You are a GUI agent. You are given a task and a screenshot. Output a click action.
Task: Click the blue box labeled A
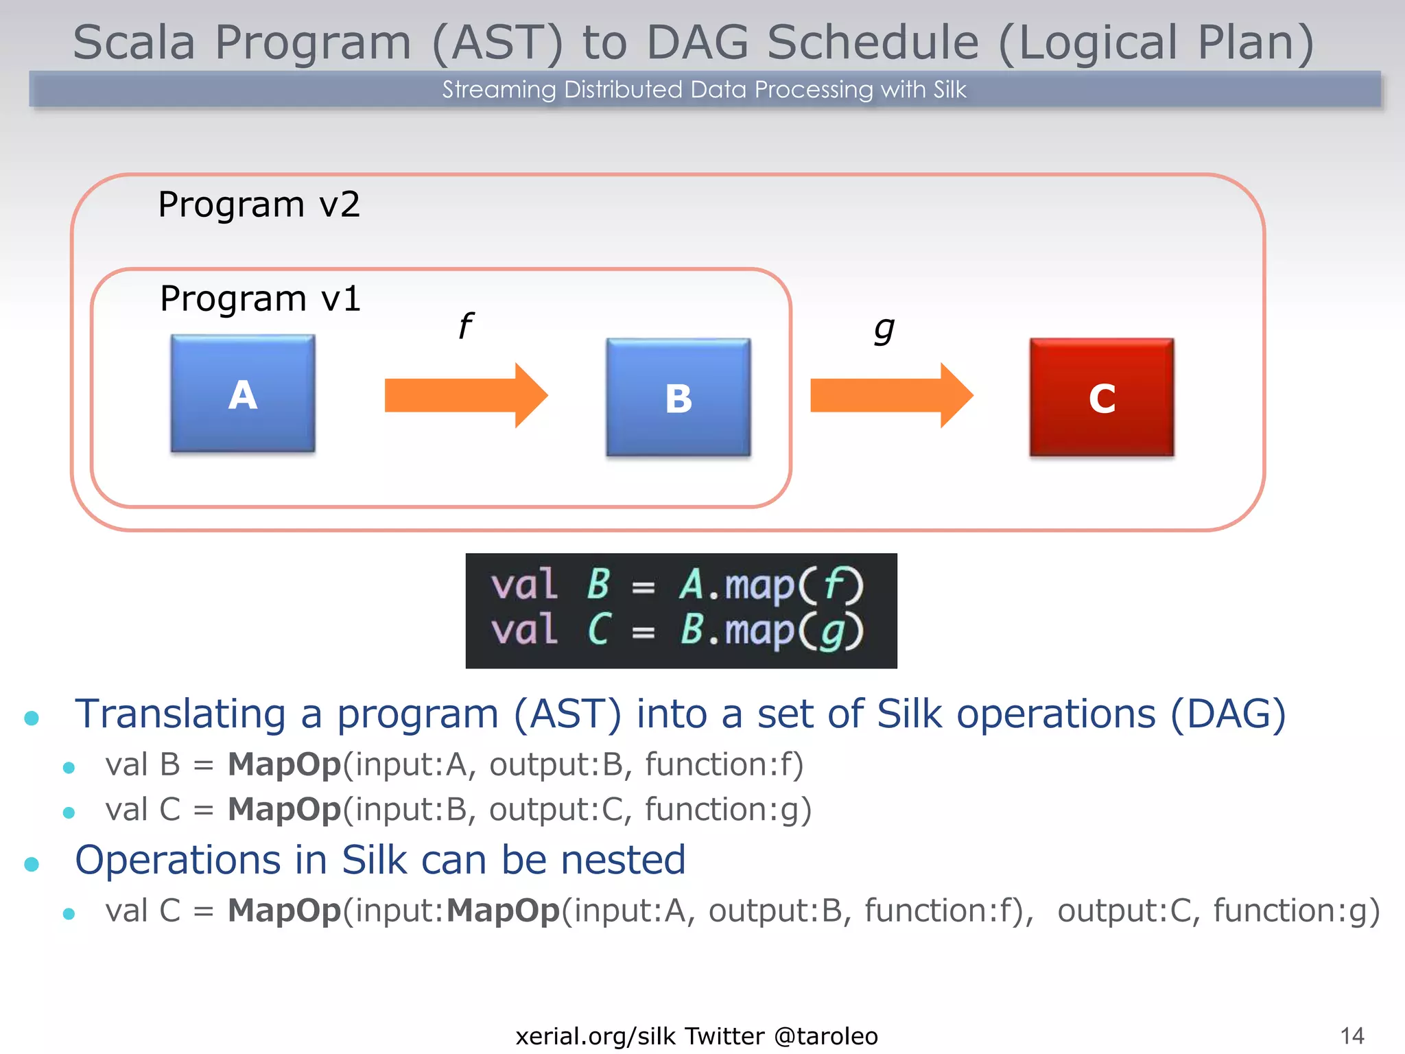tap(243, 394)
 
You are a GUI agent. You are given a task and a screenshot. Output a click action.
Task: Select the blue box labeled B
tap(678, 397)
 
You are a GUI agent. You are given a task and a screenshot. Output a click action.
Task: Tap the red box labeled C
tap(1102, 397)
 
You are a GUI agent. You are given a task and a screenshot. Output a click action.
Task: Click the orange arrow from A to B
tap(466, 395)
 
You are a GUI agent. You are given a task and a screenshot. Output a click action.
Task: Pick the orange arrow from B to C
tap(891, 396)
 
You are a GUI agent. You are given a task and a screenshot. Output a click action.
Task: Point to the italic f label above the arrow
tap(466, 326)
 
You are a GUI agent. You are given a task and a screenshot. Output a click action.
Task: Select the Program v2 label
tap(259, 204)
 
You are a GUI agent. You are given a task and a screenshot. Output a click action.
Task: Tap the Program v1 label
tap(260, 299)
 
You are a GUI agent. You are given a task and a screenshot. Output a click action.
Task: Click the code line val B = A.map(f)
tap(677, 585)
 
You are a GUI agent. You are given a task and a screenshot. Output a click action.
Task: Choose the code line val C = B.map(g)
tap(677, 630)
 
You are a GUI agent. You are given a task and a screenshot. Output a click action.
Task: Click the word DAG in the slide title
tap(697, 43)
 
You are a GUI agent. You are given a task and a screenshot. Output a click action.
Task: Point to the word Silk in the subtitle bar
tap(949, 90)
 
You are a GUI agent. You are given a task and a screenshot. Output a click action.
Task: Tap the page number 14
tap(1351, 1035)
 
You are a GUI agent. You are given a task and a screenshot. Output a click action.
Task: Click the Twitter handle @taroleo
tap(826, 1036)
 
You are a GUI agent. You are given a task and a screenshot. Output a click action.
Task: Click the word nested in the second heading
tap(623, 860)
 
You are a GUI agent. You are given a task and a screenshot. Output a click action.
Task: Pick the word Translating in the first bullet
tap(180, 714)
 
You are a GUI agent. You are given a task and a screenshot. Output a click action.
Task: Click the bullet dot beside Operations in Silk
tap(32, 864)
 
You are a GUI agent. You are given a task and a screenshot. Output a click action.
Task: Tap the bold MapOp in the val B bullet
tap(284, 764)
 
